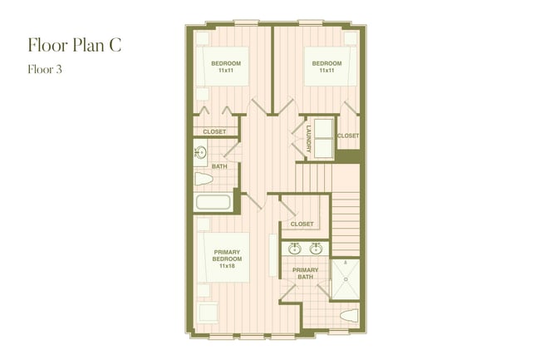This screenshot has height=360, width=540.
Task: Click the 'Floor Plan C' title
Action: (75, 44)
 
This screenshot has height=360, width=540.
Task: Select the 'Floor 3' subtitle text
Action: (45, 70)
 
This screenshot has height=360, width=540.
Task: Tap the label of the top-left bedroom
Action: (226, 67)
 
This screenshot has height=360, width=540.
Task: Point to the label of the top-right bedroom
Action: (326, 67)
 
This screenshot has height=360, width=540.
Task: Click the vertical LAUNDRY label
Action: (309, 136)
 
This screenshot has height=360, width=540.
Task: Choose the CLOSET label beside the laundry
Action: (348, 136)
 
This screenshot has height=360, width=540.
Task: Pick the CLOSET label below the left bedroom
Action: (214, 131)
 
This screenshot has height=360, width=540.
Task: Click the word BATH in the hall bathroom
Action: (219, 166)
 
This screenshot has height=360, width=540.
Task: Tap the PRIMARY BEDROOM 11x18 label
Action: (227, 259)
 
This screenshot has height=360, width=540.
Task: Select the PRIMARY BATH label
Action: (306, 274)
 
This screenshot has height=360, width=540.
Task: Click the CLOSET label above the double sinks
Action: (302, 224)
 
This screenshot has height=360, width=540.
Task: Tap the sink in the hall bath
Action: (200, 152)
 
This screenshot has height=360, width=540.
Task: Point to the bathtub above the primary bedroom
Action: (213, 202)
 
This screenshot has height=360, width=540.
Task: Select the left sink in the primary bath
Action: (295, 248)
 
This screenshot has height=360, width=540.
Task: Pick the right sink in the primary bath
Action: (316, 248)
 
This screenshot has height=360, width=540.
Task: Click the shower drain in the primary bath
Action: (346, 279)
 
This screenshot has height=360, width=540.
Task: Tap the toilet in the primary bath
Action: (349, 316)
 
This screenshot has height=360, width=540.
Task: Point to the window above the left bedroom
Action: (246, 22)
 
